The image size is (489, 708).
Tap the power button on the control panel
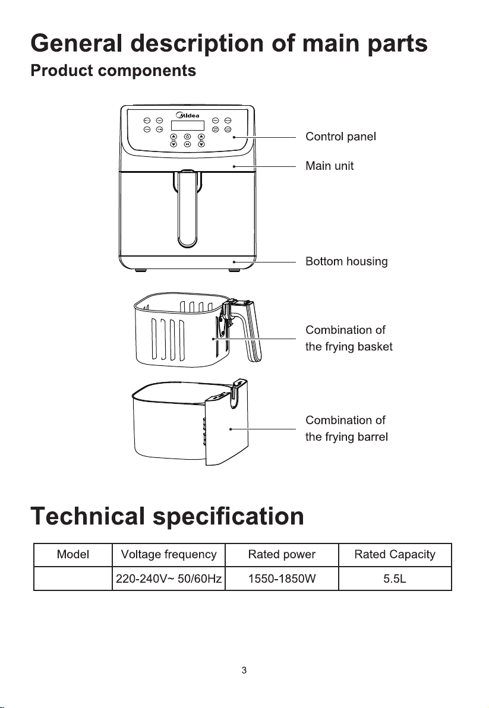187,137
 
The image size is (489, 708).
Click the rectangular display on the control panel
187,126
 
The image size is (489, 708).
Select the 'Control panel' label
340,137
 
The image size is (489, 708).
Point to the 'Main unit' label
329,166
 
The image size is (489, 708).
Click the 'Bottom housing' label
346,261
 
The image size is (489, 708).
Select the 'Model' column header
73,555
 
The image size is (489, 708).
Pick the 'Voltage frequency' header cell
168,555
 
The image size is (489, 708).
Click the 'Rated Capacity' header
395,555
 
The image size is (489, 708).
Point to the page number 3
244,671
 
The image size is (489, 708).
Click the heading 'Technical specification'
168,516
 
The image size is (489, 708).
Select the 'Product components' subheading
113,71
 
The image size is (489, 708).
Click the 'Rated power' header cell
282,555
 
